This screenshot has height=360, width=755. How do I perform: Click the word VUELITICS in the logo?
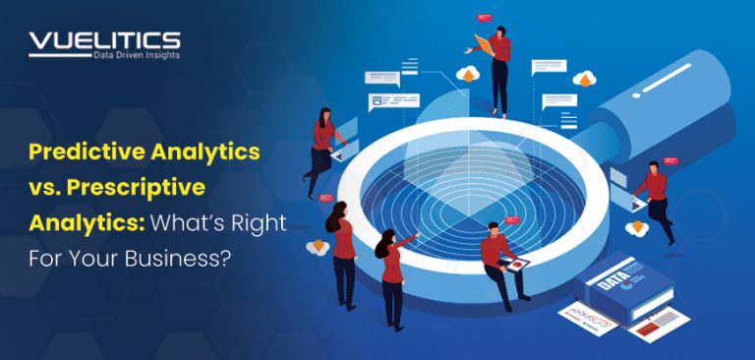(104, 40)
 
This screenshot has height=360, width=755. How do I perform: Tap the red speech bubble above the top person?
(483, 18)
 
